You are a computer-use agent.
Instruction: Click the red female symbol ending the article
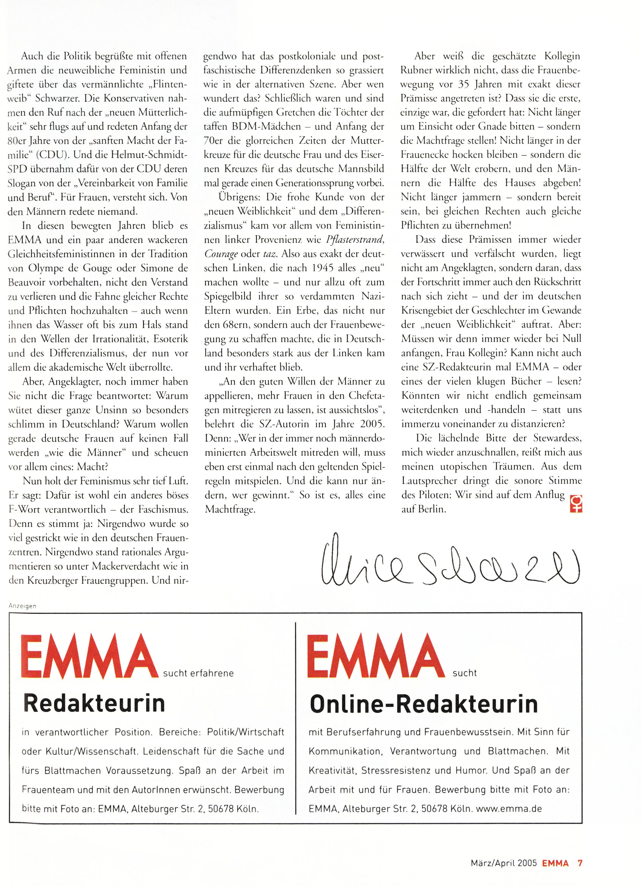576,503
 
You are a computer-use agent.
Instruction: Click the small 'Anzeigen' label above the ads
22,606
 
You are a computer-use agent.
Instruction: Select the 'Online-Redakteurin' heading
423,704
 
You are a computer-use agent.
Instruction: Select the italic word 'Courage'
221,254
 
